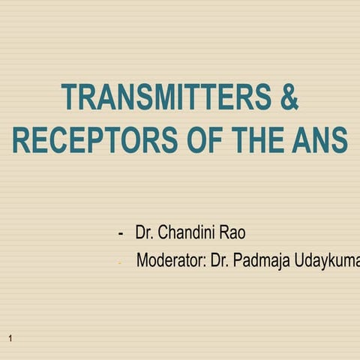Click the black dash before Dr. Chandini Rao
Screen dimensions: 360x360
point(121,233)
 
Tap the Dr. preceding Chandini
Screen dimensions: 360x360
point(145,232)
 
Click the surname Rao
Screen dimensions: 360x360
point(232,232)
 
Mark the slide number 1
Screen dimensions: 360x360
point(10,340)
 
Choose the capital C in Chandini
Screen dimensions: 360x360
point(163,232)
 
